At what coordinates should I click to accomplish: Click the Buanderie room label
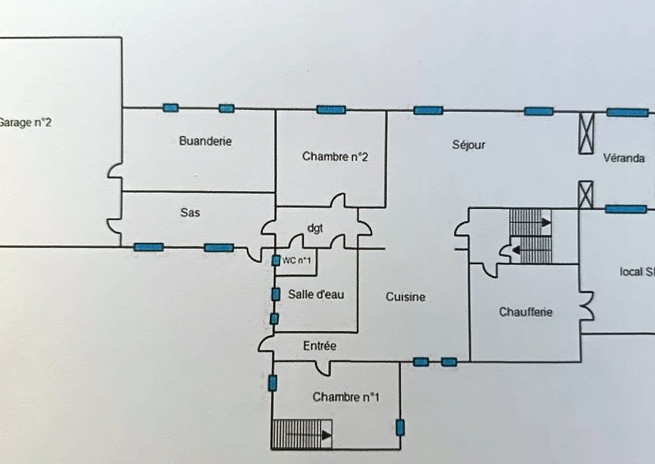(x=205, y=141)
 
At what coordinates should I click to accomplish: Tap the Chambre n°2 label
(x=335, y=157)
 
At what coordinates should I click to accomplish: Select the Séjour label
(x=468, y=144)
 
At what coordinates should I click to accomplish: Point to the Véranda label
(x=624, y=158)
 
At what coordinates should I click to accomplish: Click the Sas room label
(x=190, y=213)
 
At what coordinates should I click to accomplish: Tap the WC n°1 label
(x=297, y=259)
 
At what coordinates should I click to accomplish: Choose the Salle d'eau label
(x=316, y=294)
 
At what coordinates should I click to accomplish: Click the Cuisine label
(x=406, y=297)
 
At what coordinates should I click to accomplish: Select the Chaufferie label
(x=525, y=312)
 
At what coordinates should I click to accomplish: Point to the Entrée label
(x=319, y=346)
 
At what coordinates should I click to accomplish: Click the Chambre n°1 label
(x=346, y=397)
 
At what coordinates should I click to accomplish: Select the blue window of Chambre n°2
(x=331, y=109)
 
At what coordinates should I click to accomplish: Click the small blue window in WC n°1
(x=276, y=260)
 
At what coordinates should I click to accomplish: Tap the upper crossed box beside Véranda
(x=586, y=133)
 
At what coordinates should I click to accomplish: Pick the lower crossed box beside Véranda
(x=585, y=194)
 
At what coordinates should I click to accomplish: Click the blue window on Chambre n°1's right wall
(x=400, y=427)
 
